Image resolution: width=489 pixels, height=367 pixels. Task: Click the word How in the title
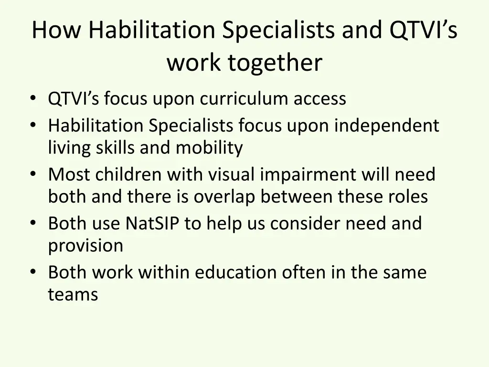click(x=57, y=30)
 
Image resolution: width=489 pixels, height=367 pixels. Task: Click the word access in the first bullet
click(x=319, y=98)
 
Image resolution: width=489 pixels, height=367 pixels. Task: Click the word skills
click(x=116, y=148)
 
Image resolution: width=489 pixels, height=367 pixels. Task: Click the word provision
click(x=85, y=246)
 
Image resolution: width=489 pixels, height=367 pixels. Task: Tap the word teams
click(x=73, y=295)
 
